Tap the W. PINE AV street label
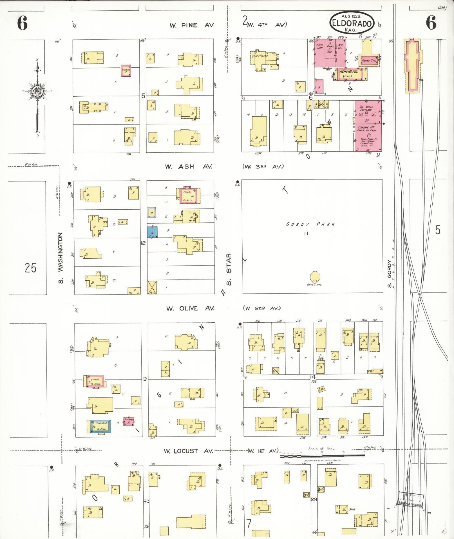[192, 25]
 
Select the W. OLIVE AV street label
[190, 308]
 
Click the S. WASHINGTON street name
[61, 258]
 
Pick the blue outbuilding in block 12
[152, 232]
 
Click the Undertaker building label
[260, 56]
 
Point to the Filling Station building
[369, 60]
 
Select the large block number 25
[30, 268]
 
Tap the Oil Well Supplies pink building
[368, 112]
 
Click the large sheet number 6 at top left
[23, 23]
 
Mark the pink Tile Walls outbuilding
[129, 421]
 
